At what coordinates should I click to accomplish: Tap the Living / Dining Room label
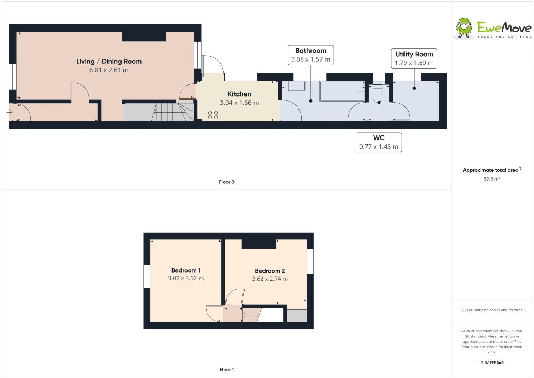(x=109, y=61)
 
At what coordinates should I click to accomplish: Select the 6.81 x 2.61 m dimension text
(x=109, y=70)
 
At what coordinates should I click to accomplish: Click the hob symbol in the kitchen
(x=213, y=115)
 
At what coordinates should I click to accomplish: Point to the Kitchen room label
(x=239, y=94)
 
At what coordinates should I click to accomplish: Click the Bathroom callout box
(x=310, y=55)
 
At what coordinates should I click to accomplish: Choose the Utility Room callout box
(x=414, y=58)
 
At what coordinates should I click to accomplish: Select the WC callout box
(x=379, y=142)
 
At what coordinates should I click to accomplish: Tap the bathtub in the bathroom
(x=342, y=91)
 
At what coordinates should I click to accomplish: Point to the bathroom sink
(x=297, y=86)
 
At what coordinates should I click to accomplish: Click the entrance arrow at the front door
(x=10, y=113)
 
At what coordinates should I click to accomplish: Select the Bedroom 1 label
(x=186, y=270)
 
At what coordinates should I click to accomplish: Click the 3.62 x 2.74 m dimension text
(x=269, y=279)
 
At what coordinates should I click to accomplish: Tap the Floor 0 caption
(x=226, y=182)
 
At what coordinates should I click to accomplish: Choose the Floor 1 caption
(x=226, y=369)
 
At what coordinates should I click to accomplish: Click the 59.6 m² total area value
(x=492, y=179)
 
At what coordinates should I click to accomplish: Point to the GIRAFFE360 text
(x=492, y=363)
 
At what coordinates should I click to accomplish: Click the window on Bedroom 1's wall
(x=147, y=276)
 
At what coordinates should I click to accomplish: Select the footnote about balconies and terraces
(x=492, y=310)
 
